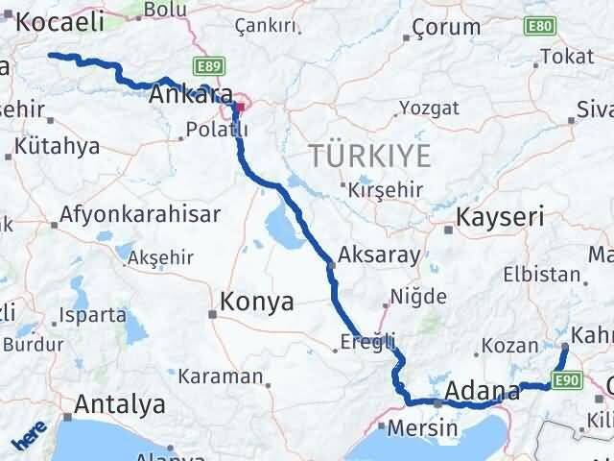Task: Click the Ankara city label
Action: pos(192,95)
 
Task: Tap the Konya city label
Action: pos(256,303)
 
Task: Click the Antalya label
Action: pos(119,404)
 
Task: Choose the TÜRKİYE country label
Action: pos(370,156)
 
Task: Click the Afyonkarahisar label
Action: pos(140,214)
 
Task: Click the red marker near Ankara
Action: pos(241,106)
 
